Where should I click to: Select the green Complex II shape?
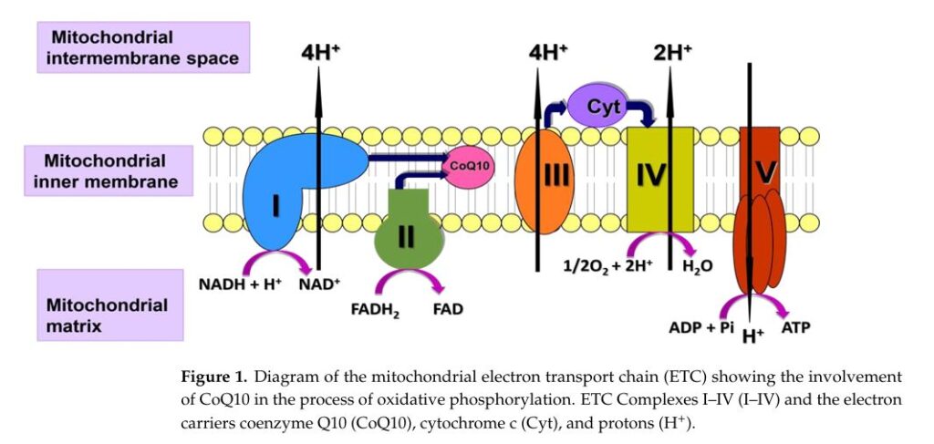pos(409,232)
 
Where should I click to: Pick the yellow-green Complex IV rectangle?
pos(660,179)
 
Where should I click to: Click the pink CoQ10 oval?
pos(472,166)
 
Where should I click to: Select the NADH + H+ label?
pos(240,284)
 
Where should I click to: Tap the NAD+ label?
pos(319,284)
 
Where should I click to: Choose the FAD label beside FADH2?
pos(447,309)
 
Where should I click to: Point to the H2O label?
pos(698,266)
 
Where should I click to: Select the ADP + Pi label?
pos(701,327)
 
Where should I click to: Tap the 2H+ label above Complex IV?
pos(672,53)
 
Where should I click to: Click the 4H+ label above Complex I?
pos(320,53)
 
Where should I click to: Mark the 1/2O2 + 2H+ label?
pos(608,266)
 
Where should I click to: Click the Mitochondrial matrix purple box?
pos(110,305)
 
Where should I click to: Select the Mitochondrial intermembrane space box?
pos(143,47)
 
